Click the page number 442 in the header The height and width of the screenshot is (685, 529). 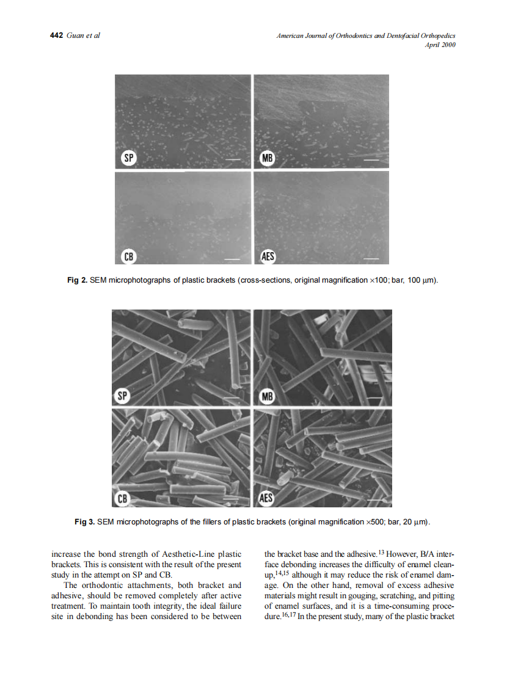(56, 35)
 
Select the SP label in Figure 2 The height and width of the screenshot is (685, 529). (128, 159)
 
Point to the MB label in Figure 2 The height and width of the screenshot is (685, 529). (267, 159)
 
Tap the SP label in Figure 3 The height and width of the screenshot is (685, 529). (123, 396)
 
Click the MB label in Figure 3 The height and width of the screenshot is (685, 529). (266, 397)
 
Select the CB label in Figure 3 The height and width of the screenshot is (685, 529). (123, 498)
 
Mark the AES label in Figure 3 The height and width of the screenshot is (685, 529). (266, 498)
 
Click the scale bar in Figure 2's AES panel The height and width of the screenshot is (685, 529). (371, 259)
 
